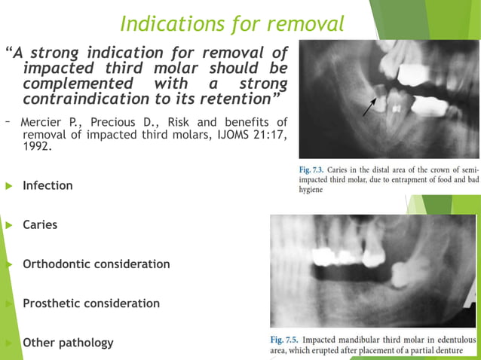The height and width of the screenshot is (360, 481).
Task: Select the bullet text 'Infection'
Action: [x=47, y=185]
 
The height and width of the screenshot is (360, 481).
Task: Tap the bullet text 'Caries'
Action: [x=40, y=224]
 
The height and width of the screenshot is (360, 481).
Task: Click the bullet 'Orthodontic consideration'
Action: [x=96, y=264]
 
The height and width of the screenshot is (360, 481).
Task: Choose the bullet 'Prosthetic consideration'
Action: [x=91, y=304]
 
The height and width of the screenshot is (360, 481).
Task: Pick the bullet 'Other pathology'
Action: [x=68, y=343]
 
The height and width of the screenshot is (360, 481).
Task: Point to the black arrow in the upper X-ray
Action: [x=369, y=107]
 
